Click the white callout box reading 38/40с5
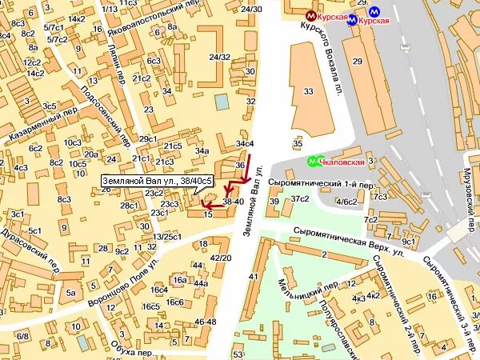pyautogui.click(x=158, y=182)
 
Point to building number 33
pyautogui.click(x=309, y=92)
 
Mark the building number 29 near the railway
pyautogui.click(x=357, y=61)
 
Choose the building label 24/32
pyautogui.click(x=219, y=58)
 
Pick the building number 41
pyautogui.click(x=254, y=276)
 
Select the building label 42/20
pyautogui.click(x=220, y=258)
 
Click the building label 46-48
pyautogui.click(x=205, y=321)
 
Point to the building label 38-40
pyautogui.click(x=232, y=202)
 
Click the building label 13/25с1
pyautogui.click(x=167, y=237)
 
